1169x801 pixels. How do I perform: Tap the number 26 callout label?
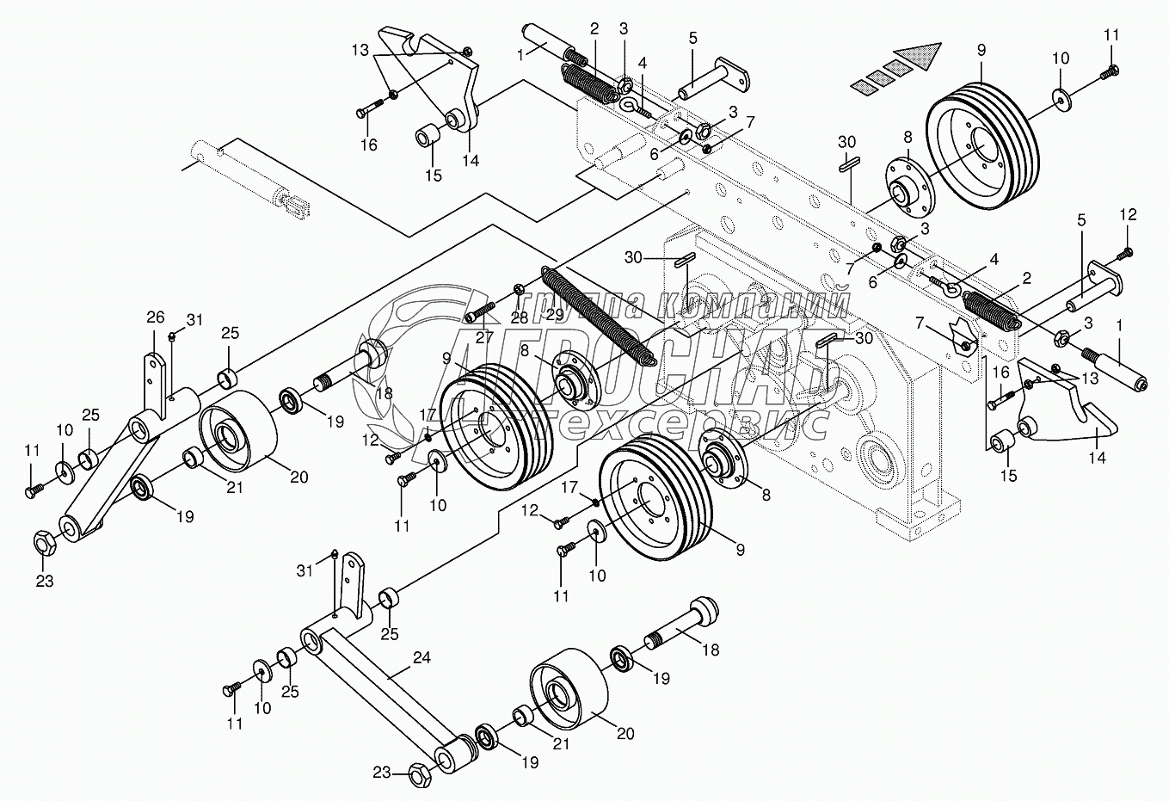click(x=155, y=317)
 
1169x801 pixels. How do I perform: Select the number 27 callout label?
click(x=483, y=337)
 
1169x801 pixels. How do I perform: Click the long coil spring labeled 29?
click(x=600, y=317)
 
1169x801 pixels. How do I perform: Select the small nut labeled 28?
click(x=520, y=290)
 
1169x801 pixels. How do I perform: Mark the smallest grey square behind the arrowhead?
click(x=861, y=85)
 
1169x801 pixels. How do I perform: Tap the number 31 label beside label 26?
click(x=194, y=320)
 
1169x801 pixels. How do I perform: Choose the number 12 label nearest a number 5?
click(x=1129, y=213)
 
